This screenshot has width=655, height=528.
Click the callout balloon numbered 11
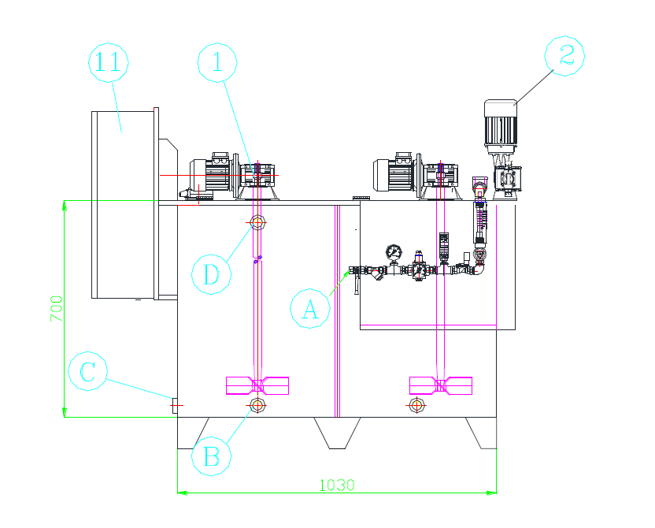pos(109,64)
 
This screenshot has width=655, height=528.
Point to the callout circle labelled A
pos(310,308)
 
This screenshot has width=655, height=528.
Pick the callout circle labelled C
pos(88,371)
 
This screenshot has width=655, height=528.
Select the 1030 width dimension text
pos(336,485)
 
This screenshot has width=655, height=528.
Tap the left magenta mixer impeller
pos(257,385)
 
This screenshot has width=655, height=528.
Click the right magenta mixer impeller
pos(441,385)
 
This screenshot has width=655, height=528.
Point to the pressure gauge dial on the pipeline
pos(392,252)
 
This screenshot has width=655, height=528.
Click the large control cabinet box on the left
pos(124,205)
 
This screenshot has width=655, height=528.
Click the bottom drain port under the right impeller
pos(417,406)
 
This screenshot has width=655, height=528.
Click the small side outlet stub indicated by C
pos(174,404)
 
